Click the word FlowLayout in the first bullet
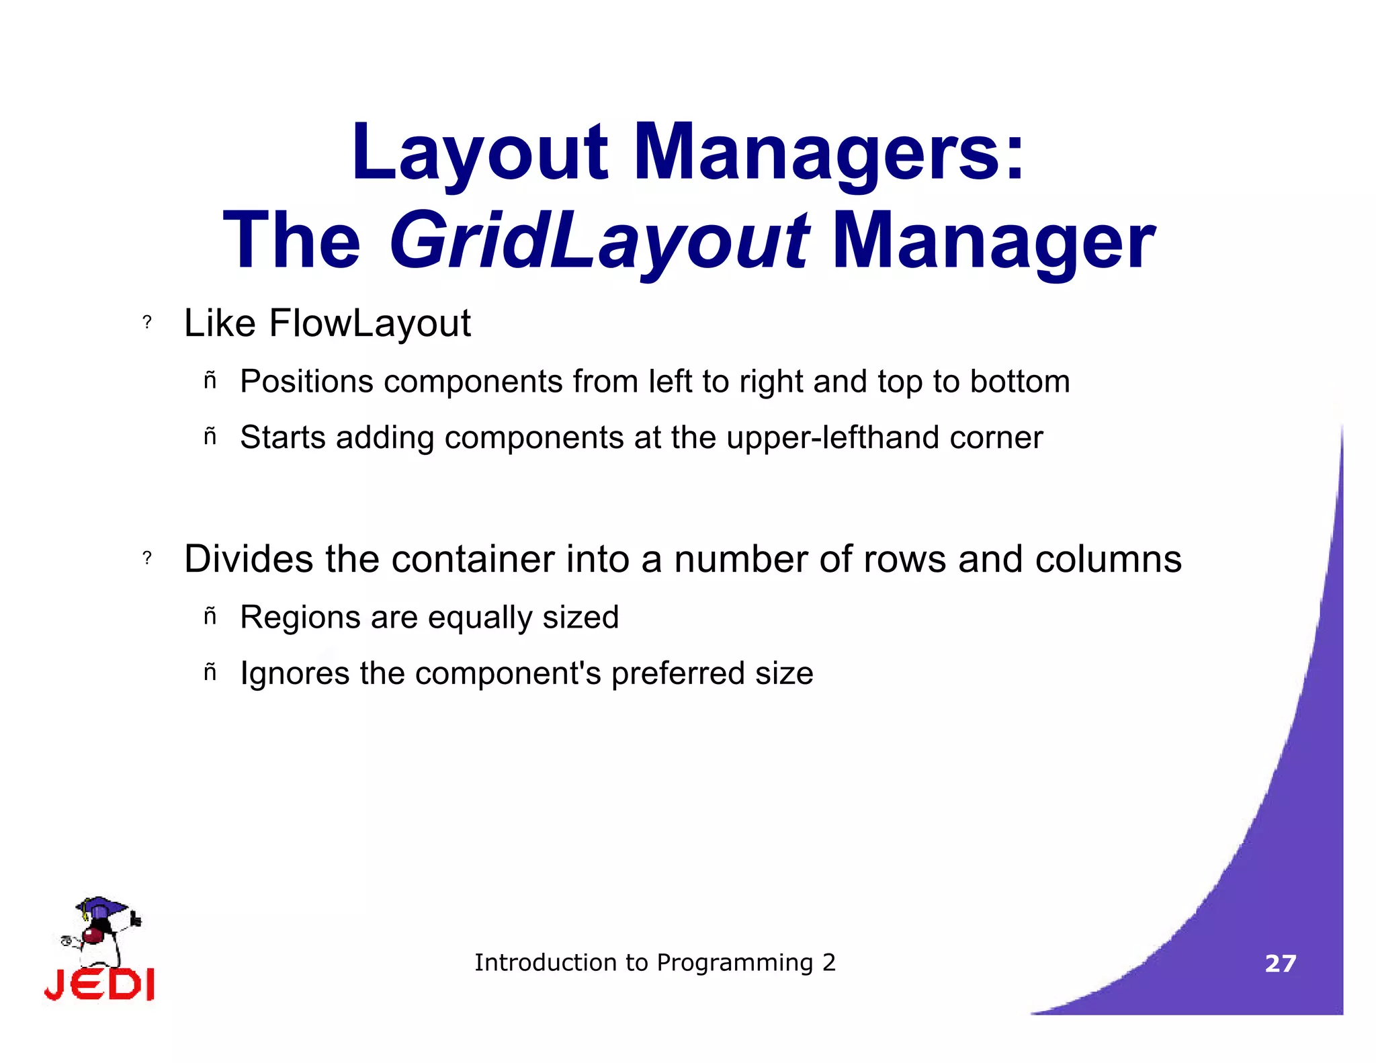click(370, 323)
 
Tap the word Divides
click(249, 559)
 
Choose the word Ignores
click(294, 673)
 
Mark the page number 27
click(1280, 964)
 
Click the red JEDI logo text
click(99, 985)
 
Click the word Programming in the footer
click(734, 963)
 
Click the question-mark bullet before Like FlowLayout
click(147, 323)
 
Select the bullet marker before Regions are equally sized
click(210, 615)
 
